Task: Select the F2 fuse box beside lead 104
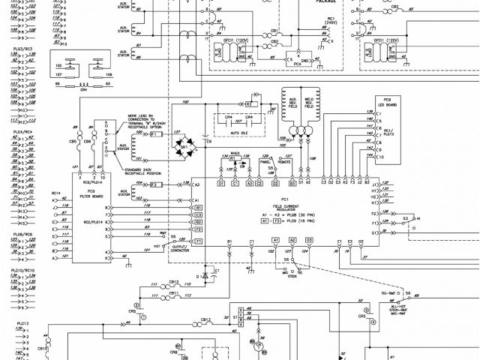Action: click(155, 184)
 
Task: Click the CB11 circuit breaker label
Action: click(276, 33)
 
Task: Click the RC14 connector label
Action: click(55, 193)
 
